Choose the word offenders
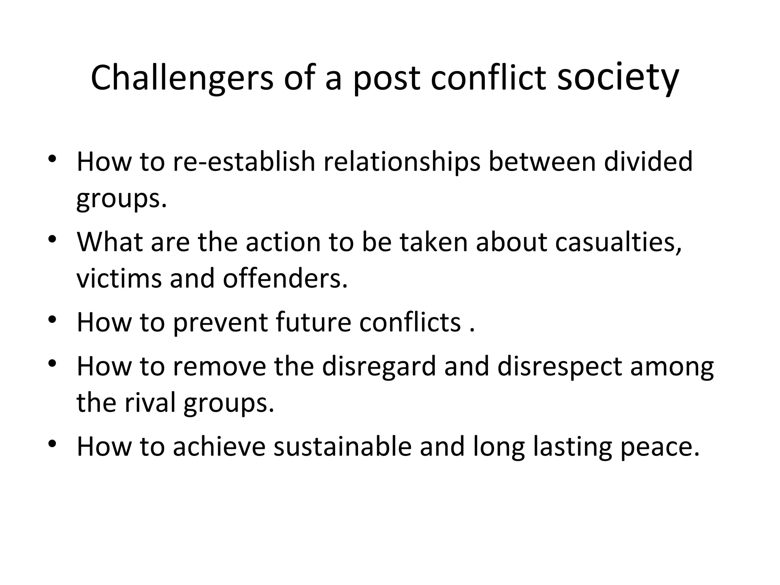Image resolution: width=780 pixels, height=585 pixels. point(285,278)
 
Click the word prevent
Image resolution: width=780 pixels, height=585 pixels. point(221,322)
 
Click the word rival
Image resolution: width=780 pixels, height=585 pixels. point(152,403)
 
